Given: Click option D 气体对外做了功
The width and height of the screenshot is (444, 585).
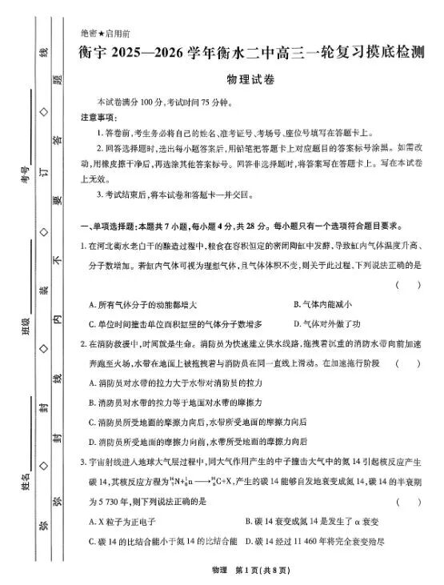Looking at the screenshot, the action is tap(327, 324).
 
